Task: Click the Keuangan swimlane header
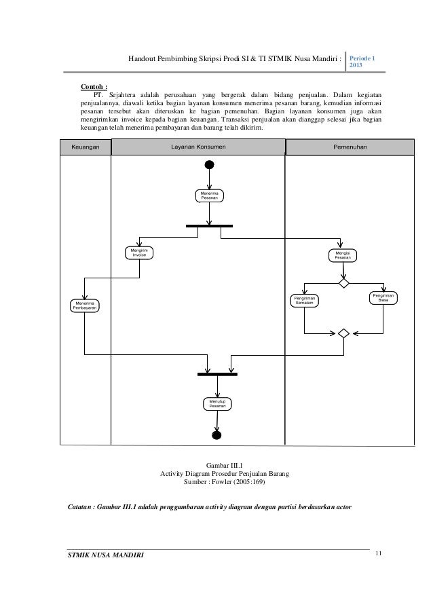point(86,147)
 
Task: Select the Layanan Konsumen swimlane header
point(199,147)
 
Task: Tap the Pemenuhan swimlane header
point(350,147)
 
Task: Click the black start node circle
point(210,165)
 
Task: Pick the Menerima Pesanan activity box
point(210,196)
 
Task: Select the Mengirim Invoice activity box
point(139,253)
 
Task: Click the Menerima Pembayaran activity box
point(85,305)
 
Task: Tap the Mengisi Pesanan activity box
point(343,255)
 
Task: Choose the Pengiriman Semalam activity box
point(305,299)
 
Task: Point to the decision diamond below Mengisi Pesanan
point(343,282)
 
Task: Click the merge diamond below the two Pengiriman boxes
point(343,333)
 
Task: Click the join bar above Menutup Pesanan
point(217,373)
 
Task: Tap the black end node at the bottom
point(217,435)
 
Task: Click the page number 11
point(378,555)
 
